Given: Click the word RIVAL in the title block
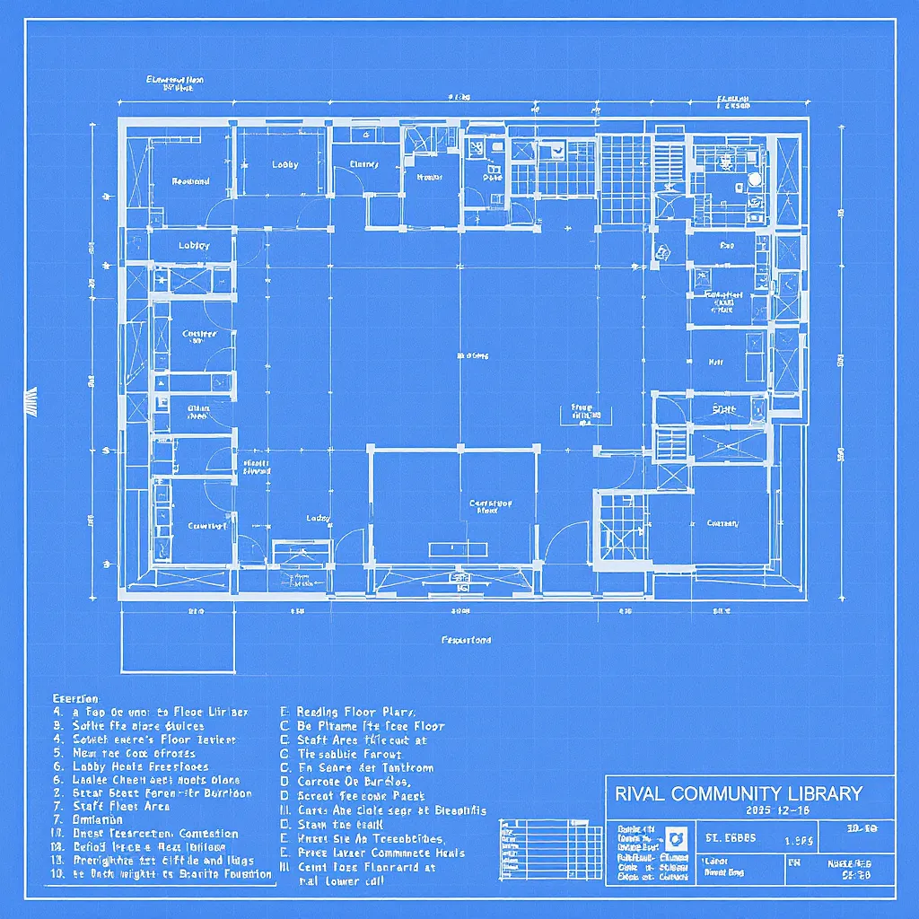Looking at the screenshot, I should [x=638, y=793].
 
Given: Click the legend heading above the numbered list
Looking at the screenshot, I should [x=75, y=698].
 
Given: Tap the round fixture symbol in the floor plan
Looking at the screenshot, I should [x=754, y=179].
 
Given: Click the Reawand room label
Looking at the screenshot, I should [x=190, y=181].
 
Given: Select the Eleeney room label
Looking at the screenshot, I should [x=364, y=165].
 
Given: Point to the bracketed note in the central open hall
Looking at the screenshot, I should [x=582, y=412].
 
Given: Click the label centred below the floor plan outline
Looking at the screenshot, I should [x=466, y=641].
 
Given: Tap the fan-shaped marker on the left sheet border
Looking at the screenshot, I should [x=31, y=401].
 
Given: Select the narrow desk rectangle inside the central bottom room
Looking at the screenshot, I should [x=455, y=548].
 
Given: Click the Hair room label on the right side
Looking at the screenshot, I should [x=716, y=363].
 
